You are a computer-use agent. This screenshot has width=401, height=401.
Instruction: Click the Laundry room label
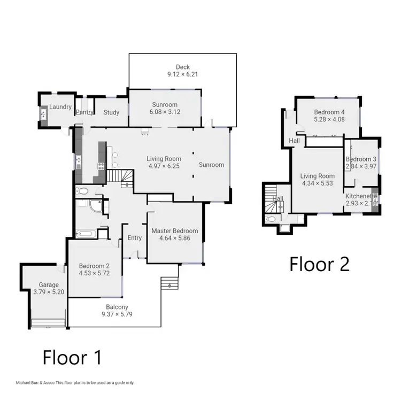click(60, 107)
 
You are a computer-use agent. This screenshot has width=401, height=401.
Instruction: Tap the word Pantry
click(84, 112)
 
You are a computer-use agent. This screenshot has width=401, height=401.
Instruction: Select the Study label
click(111, 112)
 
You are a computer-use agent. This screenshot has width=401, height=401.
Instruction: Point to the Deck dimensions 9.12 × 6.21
click(183, 74)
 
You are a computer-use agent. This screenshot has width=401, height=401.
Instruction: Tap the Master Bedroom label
click(174, 231)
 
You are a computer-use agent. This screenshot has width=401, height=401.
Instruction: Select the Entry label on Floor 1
click(135, 238)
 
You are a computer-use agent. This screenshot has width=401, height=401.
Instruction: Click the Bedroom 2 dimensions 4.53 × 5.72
click(94, 273)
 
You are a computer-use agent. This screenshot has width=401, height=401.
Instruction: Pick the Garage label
click(48, 284)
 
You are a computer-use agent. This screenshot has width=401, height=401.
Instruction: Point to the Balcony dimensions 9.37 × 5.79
click(117, 314)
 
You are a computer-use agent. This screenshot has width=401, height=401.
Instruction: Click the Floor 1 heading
click(72, 357)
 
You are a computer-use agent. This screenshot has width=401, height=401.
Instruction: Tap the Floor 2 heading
click(319, 264)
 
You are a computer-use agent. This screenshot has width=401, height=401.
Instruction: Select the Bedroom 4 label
click(328, 112)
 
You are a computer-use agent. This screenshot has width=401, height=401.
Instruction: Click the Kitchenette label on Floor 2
click(361, 196)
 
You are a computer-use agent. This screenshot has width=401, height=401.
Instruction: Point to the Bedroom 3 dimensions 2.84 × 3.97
click(361, 167)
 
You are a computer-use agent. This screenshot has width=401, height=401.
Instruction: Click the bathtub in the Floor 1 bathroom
click(86, 233)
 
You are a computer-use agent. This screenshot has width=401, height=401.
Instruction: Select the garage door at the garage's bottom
click(48, 322)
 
